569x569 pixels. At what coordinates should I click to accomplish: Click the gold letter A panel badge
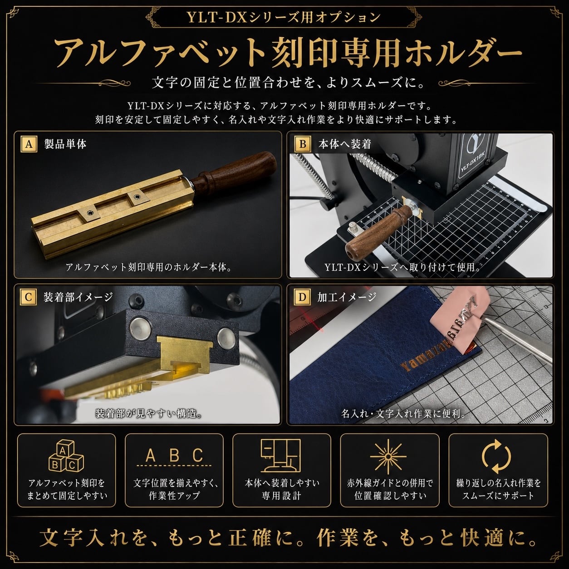click(x=29, y=144)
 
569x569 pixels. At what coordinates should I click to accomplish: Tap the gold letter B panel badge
click(x=303, y=144)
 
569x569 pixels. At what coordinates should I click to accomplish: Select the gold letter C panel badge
click(x=28, y=297)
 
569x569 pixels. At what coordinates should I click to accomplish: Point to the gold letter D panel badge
click(x=302, y=297)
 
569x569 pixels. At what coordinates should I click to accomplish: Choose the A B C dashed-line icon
click(x=174, y=458)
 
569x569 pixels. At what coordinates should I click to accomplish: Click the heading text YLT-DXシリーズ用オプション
click(x=284, y=18)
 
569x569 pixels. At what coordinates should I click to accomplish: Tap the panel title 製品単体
click(x=65, y=144)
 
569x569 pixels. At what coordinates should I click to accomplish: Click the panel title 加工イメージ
click(x=347, y=297)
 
